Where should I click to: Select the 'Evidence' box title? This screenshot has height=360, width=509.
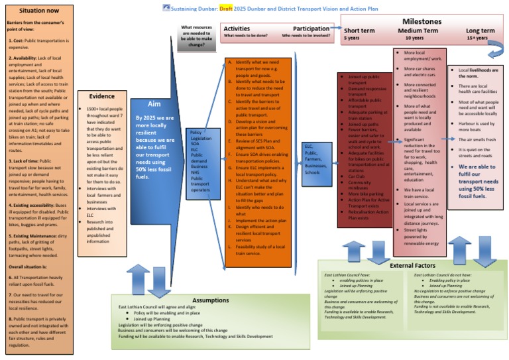coord(101,95)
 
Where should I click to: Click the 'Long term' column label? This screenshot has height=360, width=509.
coord(480,31)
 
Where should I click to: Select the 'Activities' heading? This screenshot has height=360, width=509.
coord(237,29)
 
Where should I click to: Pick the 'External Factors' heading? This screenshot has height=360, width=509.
coord(411,265)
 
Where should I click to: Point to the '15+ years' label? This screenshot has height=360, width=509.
coord(480,38)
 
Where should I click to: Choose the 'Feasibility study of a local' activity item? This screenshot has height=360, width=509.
coord(258,245)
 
